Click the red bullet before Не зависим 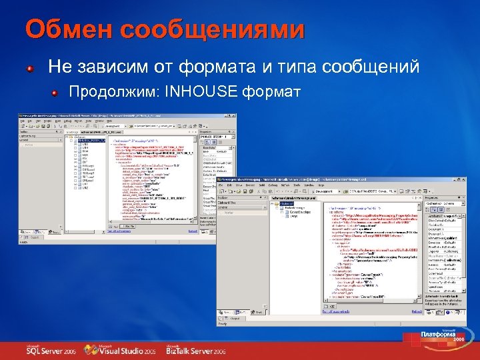[x=31, y=68]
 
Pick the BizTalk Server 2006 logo [x=195, y=350]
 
